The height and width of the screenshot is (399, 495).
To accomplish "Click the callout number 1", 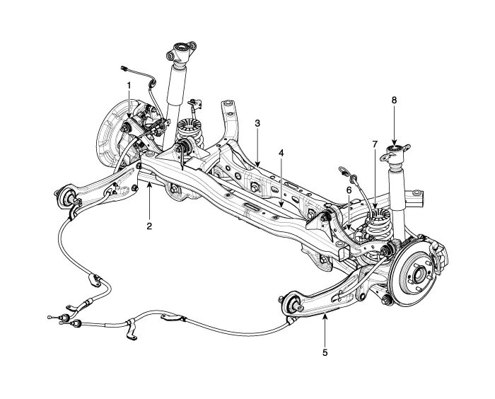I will (x=129, y=85).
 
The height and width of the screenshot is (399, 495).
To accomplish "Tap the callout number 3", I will (x=258, y=122).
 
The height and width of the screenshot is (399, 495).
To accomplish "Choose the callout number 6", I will (x=349, y=190).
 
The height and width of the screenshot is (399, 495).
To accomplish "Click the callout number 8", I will (x=395, y=100).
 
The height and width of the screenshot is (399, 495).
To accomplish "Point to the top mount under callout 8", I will (x=394, y=151).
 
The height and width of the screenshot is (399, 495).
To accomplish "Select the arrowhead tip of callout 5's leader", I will (x=325, y=318).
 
